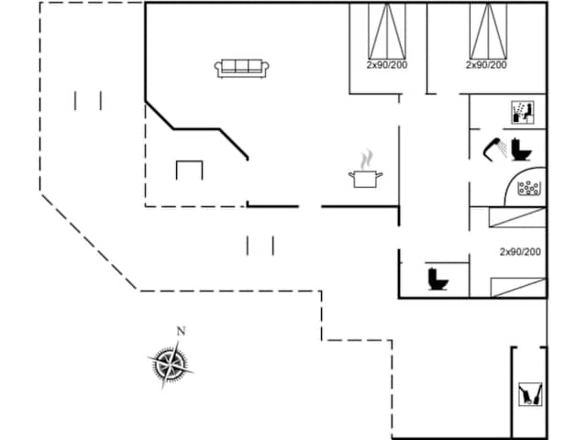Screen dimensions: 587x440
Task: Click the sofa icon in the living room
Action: tap(241, 69)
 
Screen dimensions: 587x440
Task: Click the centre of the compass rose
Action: tap(171, 364)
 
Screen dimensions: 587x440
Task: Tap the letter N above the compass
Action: tap(182, 331)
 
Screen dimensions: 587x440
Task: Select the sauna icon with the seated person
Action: tap(523, 112)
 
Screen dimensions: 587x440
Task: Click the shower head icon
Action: tap(495, 148)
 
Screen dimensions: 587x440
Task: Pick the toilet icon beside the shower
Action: tap(521, 149)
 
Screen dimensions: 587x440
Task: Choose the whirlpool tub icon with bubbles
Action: tap(528, 188)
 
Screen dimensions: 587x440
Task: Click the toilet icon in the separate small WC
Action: tap(437, 279)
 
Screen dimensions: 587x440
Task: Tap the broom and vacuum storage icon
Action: tap(530, 393)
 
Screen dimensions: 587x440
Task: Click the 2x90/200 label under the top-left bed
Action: tap(387, 65)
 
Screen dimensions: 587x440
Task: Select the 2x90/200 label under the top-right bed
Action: tap(486, 65)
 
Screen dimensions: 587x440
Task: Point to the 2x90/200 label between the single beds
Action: tap(520, 252)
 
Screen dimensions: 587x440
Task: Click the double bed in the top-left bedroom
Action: tap(387, 30)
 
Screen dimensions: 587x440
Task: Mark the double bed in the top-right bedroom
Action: tap(489, 30)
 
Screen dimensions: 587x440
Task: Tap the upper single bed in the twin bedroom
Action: tap(517, 217)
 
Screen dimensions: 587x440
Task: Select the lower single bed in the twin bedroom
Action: tap(518, 287)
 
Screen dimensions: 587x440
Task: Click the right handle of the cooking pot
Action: tap(380, 175)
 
